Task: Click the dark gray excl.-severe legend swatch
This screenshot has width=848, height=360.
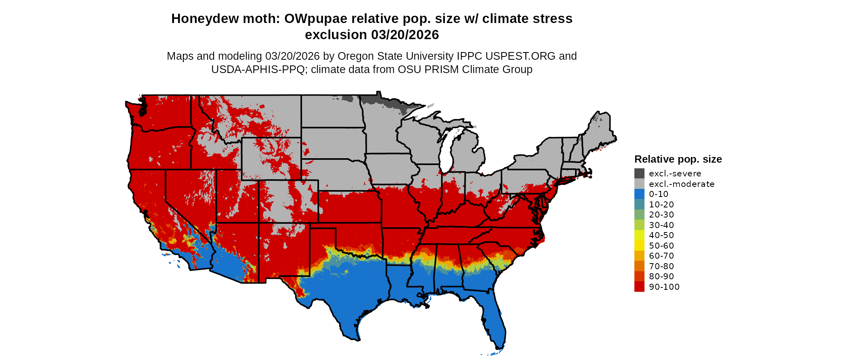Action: [x=639, y=174]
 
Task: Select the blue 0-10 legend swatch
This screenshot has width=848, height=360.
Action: [x=639, y=194]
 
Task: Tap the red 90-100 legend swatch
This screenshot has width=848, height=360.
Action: [x=639, y=287]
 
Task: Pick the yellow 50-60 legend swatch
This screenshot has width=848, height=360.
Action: [x=639, y=246]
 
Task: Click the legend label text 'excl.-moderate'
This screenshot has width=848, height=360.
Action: [x=682, y=184]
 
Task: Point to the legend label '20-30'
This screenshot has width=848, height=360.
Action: [x=661, y=215]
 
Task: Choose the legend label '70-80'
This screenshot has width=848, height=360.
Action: [x=661, y=266]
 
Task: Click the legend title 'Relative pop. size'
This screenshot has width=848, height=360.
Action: [x=678, y=159]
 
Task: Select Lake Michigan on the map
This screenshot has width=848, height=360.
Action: [x=446, y=153]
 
